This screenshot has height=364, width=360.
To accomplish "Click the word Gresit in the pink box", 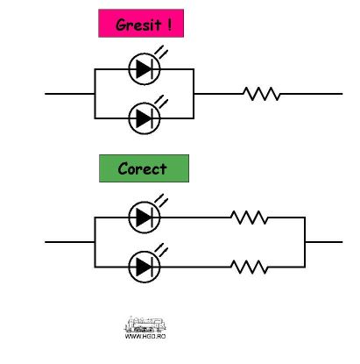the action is (x=138, y=25).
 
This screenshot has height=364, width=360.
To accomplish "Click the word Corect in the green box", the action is (x=142, y=168).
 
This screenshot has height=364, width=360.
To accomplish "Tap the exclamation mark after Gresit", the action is (x=169, y=25).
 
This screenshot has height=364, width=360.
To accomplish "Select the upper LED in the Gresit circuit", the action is (x=145, y=69).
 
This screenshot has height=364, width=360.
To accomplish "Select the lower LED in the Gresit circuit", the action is (x=145, y=118).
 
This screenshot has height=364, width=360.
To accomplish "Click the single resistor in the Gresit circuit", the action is (x=262, y=94).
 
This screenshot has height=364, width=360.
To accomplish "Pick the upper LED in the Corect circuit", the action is (x=145, y=218).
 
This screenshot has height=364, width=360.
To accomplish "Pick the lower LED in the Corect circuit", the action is (x=145, y=267).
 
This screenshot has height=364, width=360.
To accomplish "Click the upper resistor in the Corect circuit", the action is (x=249, y=218).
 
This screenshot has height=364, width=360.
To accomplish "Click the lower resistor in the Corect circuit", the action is (x=249, y=267).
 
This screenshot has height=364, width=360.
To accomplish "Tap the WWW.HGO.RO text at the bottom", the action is (x=145, y=336).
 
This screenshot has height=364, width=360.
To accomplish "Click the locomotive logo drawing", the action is (x=145, y=325).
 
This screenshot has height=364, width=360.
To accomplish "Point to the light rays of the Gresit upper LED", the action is (x=161, y=52).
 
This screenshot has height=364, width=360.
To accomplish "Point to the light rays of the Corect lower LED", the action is (x=161, y=249).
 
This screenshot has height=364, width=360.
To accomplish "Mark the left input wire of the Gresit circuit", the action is (x=70, y=94).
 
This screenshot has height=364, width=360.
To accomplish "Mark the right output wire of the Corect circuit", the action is (x=323, y=242).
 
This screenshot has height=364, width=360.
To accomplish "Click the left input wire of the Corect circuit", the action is (x=70, y=242).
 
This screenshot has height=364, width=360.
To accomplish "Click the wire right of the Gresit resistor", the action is (x=311, y=94).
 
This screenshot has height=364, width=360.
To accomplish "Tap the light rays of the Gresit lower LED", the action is (x=161, y=101).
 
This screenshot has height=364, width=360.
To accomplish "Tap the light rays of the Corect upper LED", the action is (x=161, y=200).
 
